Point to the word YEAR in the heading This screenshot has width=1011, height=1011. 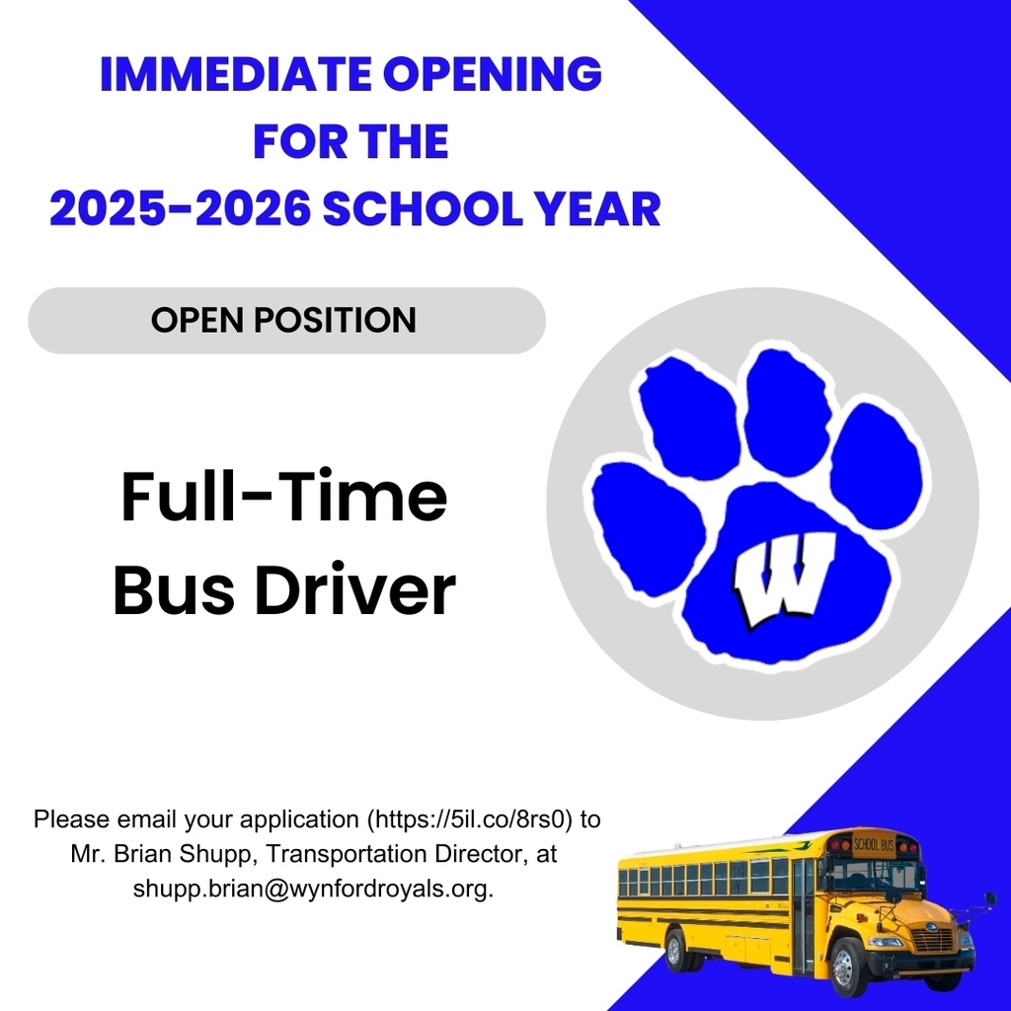(x=605, y=209)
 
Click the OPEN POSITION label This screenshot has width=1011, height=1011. (x=284, y=320)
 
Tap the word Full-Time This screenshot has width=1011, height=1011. (x=284, y=498)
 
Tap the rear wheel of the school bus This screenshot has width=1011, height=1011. (x=677, y=950)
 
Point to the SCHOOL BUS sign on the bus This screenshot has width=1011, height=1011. (x=873, y=844)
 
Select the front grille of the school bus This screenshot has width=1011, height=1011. (x=932, y=940)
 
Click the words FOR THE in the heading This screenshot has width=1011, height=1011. (x=350, y=142)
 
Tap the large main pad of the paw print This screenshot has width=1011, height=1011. (x=780, y=583)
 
